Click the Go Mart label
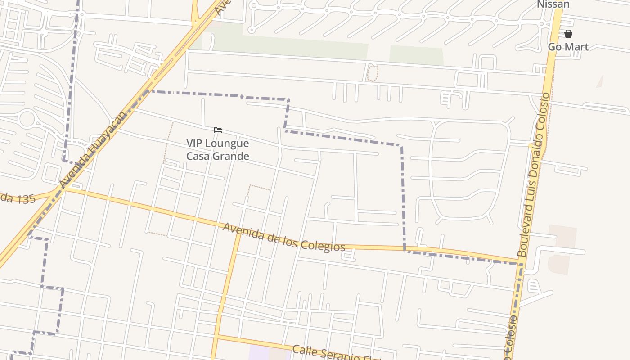[x=568, y=47]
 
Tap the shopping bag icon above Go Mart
[x=568, y=34]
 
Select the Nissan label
[x=553, y=4]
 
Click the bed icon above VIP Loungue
[x=218, y=130]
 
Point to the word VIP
[x=194, y=144]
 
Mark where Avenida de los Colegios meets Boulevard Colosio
[x=521, y=263]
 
